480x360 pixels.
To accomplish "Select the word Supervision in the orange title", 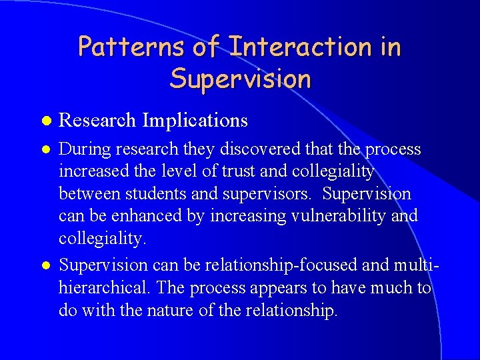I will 240,79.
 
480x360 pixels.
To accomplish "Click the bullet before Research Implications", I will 45,121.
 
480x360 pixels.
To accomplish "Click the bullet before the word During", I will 45,149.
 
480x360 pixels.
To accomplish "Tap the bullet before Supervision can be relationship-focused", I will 45,265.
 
